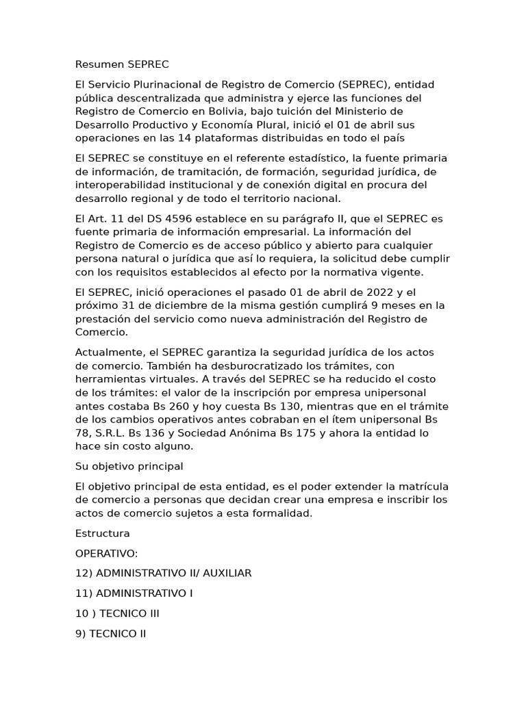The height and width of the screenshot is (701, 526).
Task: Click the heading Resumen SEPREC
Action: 122,64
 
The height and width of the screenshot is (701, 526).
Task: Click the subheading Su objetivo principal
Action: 129,466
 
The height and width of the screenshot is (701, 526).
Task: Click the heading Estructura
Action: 102,533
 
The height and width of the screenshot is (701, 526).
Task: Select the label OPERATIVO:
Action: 106,552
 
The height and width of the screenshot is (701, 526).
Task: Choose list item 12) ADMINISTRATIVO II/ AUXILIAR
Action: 163,573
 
